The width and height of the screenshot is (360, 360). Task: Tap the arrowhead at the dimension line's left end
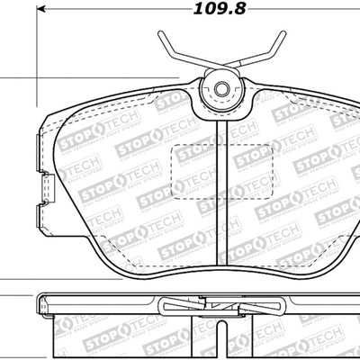(x=41, y=12)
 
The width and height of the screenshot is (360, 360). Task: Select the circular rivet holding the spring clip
(x=221, y=89)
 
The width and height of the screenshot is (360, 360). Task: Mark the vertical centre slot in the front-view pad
(x=221, y=189)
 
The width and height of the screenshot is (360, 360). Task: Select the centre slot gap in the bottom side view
(x=221, y=337)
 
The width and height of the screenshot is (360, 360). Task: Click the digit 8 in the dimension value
(x=240, y=12)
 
